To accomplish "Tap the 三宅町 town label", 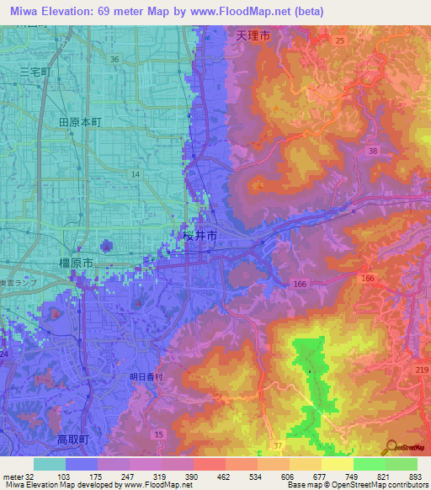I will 35,73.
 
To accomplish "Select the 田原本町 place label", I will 80,122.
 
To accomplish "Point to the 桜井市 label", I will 200,237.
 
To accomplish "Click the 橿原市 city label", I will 76,264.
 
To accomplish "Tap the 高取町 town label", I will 73,440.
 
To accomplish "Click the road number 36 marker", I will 114,59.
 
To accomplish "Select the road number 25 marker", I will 339,40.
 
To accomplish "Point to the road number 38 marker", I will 371,151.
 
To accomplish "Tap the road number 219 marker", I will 422,370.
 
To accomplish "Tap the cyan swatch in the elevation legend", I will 49,464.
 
